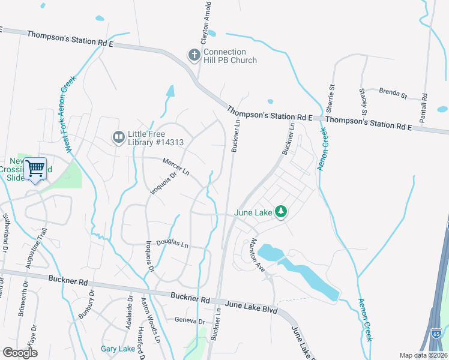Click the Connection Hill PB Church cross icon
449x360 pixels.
pyautogui.click(x=194, y=56)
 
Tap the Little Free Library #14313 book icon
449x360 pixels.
pyautogui.click(x=119, y=138)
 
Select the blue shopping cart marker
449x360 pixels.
pyautogui.click(x=35, y=169)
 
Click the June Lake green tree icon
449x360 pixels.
pyautogui.click(x=280, y=211)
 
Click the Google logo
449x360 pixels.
pyautogui.click(x=20, y=352)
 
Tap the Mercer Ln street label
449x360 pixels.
pyautogui.click(x=176, y=167)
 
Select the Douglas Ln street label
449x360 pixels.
pyautogui.click(x=172, y=245)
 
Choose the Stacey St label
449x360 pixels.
pyautogui.click(x=363, y=102)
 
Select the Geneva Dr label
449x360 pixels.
pyautogui.click(x=190, y=320)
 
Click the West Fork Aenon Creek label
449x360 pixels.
pyautogui.click(x=70, y=114)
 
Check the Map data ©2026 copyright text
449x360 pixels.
pyautogui.click(x=424, y=355)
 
